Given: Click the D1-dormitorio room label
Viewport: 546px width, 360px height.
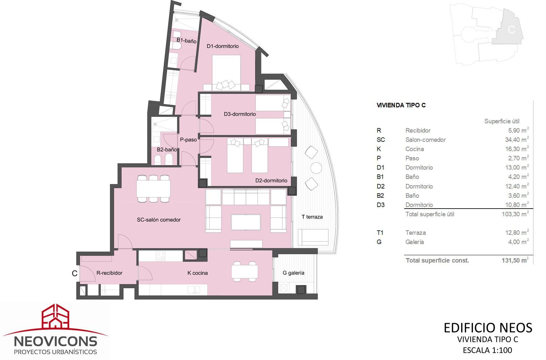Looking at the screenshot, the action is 222,46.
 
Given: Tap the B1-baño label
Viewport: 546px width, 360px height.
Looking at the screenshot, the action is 186,40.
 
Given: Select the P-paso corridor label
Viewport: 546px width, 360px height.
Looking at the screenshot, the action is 188,140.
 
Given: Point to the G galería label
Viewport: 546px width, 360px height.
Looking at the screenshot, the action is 293,273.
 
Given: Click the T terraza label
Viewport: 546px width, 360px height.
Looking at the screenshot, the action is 312,217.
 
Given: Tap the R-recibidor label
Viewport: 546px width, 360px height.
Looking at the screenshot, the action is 109,273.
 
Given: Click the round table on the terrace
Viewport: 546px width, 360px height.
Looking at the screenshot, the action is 316,168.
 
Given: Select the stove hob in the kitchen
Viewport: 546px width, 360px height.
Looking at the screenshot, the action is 161,256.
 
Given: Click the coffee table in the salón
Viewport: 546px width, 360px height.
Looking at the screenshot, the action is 246,222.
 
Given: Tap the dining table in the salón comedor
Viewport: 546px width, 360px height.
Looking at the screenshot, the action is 153,189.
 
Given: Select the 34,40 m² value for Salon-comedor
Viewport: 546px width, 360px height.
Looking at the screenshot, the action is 517,139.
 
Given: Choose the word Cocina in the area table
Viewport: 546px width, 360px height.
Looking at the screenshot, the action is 415,149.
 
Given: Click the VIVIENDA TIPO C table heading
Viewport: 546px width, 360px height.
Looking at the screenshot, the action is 401,105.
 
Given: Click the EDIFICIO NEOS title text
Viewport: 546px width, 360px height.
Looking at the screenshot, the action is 488,328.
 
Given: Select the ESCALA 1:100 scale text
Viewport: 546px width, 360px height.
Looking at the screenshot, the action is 487,350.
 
